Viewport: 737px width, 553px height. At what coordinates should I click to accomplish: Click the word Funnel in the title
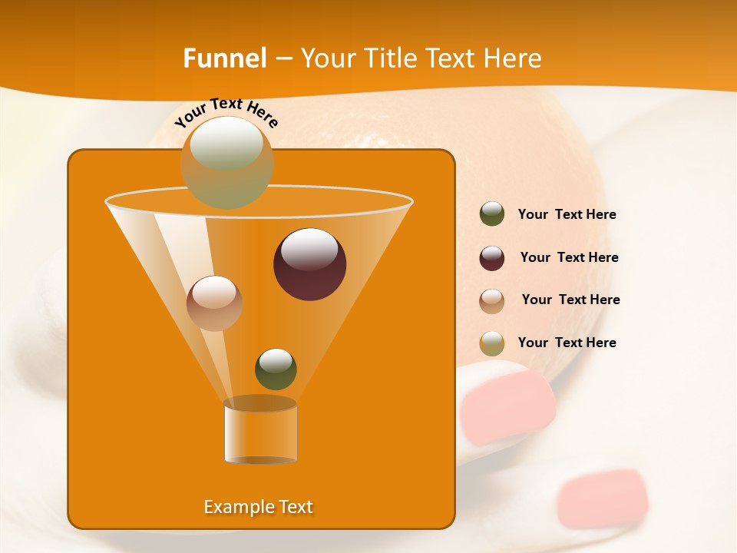pos(225,58)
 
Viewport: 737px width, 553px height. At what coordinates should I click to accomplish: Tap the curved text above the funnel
pos(226,112)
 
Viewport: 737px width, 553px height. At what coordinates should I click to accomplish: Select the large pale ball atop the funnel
pos(226,162)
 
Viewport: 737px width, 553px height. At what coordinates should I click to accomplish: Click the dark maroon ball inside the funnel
pos(309,263)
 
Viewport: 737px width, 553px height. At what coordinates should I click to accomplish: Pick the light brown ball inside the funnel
pos(214,303)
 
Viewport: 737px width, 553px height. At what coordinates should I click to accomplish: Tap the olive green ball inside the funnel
pos(276,369)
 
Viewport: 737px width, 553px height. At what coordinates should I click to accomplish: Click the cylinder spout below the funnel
pos(260,432)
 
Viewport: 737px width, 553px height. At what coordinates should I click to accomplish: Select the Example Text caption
pos(258,507)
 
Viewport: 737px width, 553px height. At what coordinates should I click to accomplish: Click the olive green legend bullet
pos(492,214)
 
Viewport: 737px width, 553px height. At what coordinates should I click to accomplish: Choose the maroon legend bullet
pos(492,258)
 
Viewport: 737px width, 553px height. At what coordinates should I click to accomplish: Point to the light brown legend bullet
pos(492,301)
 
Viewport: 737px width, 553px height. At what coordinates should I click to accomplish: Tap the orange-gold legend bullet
pos(492,343)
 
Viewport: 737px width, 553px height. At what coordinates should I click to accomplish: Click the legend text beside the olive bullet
pos(567,215)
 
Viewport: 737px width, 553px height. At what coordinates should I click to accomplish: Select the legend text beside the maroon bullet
pos(569,258)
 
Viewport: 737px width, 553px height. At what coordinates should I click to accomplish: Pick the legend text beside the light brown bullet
pos(570,300)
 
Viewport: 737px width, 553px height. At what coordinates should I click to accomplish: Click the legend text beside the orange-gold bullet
pos(567,343)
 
